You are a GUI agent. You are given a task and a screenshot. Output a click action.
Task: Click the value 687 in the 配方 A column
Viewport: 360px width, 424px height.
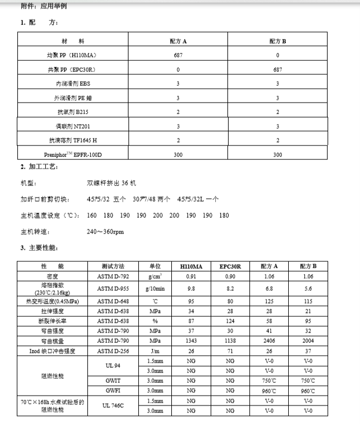(178, 56)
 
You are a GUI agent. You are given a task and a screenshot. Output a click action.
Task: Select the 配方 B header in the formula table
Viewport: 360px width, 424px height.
(278, 42)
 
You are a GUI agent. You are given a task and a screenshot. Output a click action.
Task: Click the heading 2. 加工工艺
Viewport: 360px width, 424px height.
(39, 167)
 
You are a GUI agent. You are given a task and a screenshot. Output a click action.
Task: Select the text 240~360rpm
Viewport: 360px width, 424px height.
(105, 232)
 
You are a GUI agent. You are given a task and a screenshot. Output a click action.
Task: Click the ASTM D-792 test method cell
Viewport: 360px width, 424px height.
(113, 276)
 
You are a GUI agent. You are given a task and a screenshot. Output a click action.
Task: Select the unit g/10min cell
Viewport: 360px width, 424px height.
(155, 288)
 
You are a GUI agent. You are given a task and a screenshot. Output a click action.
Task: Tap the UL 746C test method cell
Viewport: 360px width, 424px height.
(113, 405)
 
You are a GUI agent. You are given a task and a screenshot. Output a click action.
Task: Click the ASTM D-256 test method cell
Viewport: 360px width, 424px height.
(113, 351)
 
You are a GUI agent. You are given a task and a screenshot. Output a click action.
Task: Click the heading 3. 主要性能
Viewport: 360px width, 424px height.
(39, 248)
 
